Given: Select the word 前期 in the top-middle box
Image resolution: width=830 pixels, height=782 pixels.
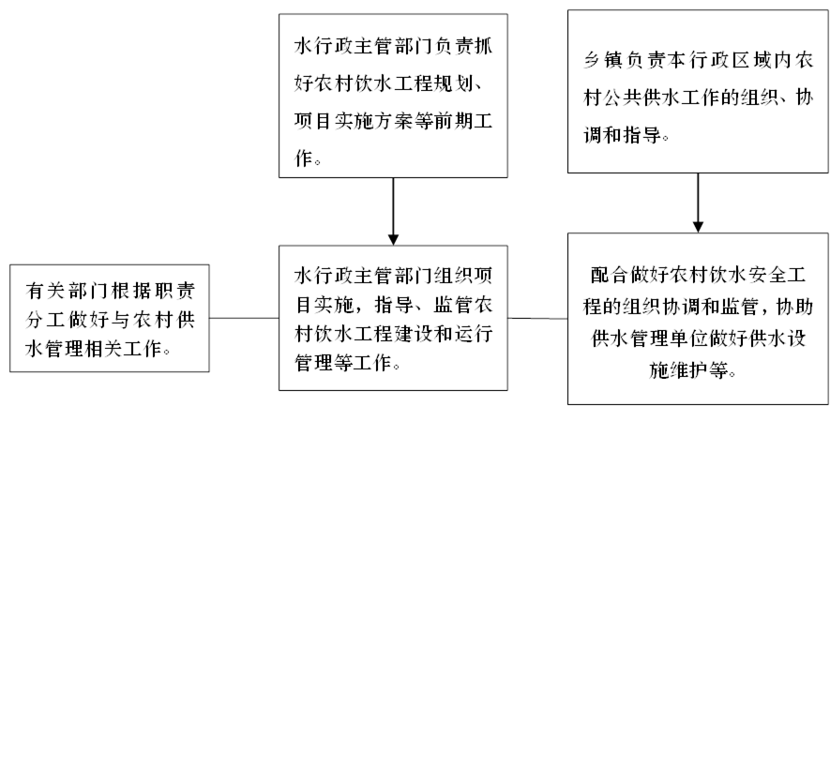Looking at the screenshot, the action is pyautogui.click(x=452, y=121).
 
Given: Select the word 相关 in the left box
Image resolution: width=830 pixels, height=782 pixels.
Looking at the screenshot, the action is pyautogui.click(x=104, y=349).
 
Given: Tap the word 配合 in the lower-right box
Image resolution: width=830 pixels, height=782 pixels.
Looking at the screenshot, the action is pyautogui.click(x=610, y=275).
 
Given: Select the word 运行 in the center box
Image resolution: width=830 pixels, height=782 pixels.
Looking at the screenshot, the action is pyautogui.click(x=473, y=334).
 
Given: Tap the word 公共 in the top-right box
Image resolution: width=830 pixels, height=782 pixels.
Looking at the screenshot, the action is pyautogui.click(x=623, y=98).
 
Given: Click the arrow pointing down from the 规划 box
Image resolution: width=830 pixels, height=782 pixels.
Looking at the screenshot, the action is pyautogui.click(x=393, y=211).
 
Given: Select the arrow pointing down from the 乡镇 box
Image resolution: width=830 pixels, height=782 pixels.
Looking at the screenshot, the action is pyautogui.click(x=698, y=203).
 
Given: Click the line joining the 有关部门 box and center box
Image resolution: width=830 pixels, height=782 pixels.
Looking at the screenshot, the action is pyautogui.click(x=244, y=318).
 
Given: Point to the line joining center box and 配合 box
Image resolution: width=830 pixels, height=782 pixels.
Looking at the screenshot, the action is pyautogui.click(x=537, y=319).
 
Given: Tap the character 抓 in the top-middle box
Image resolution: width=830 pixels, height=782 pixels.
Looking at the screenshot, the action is pyautogui.click(x=483, y=46).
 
